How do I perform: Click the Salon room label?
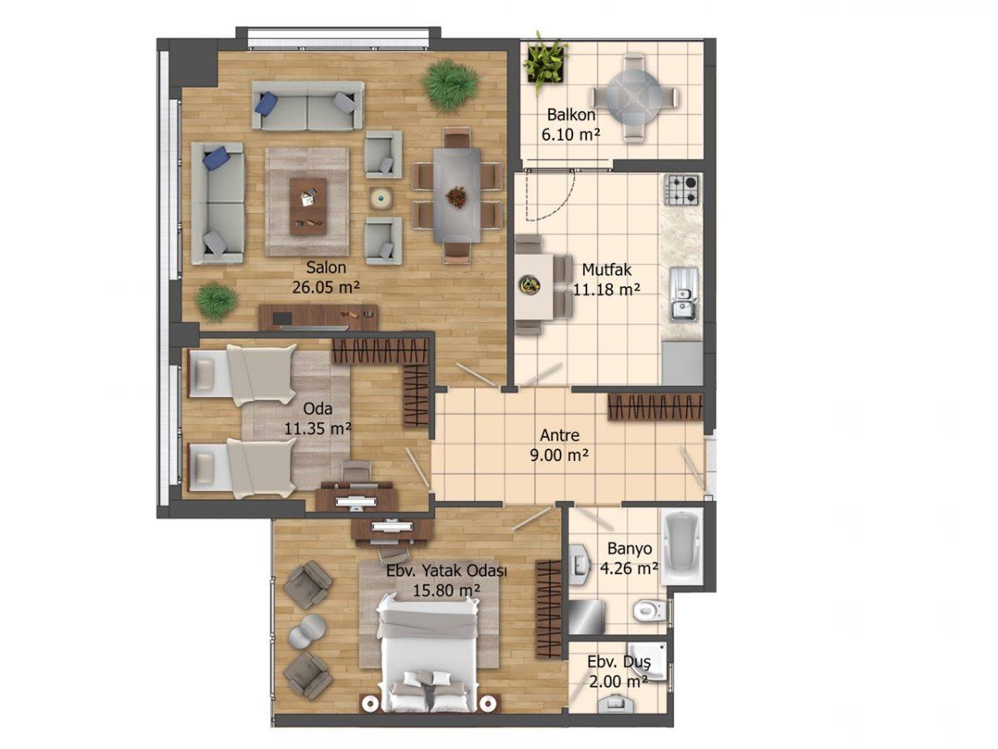click(325, 267)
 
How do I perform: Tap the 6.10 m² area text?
click(571, 135)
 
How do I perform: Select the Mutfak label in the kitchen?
click(606, 270)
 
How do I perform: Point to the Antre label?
click(559, 435)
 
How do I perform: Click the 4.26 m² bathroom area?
click(629, 568)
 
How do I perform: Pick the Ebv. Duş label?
click(619, 662)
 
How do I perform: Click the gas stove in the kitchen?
click(681, 189)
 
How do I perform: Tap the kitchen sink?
click(684, 295)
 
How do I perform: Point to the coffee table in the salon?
click(308, 206)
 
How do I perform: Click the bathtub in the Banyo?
click(681, 548)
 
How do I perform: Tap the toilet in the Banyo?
click(650, 610)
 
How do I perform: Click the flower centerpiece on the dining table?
click(456, 197)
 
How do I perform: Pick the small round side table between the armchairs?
click(381, 198)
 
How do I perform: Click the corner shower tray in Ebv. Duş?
click(647, 661)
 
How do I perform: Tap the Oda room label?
click(318, 409)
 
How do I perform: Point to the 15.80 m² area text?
click(446, 590)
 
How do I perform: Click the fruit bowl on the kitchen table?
click(530, 285)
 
